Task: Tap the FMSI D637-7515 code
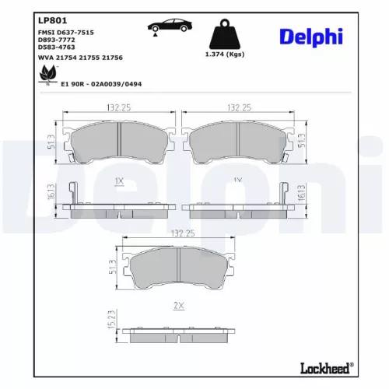pyautogui.click(x=65, y=33)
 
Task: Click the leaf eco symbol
pyautogui.click(x=46, y=74)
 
